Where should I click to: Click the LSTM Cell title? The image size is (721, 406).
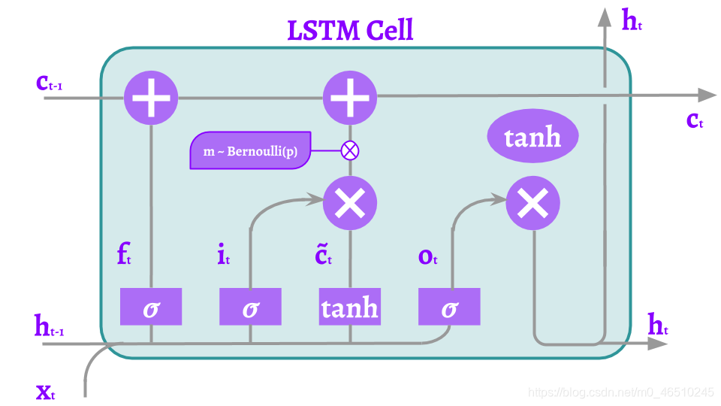click(350, 31)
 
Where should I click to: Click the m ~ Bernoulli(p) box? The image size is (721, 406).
click(249, 151)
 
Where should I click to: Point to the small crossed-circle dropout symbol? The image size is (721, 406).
click(350, 150)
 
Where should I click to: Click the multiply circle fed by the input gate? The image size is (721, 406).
click(350, 201)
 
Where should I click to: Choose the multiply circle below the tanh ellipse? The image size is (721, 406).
click(533, 201)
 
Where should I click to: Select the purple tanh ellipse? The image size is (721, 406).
click(532, 138)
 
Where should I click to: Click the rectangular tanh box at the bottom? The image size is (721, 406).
click(350, 307)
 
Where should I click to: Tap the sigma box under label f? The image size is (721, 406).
click(151, 307)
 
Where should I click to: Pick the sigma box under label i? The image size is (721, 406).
click(250, 307)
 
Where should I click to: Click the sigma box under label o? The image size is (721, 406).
click(449, 307)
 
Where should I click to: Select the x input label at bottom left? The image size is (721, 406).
click(45, 392)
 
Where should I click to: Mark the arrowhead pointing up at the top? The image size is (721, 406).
click(604, 17)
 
